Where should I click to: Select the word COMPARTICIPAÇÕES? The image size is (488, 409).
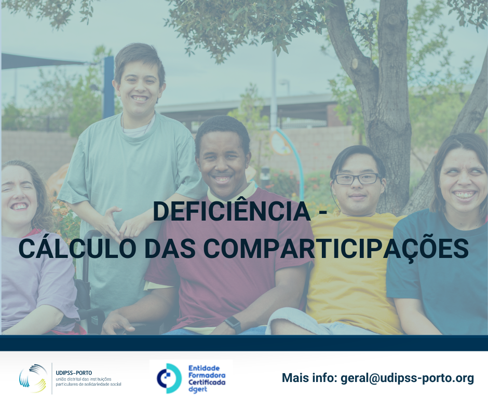(336, 249)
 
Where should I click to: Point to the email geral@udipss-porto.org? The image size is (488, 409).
(408, 378)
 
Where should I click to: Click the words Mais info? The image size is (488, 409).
(309, 377)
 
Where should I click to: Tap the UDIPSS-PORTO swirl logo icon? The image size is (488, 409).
(33, 378)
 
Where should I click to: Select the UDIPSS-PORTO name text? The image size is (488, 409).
(74, 373)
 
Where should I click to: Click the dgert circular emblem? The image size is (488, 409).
(169, 378)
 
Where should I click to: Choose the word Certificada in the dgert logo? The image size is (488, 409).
(207, 382)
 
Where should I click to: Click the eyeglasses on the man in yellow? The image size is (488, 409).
(357, 179)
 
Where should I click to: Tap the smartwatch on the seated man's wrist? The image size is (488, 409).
(233, 324)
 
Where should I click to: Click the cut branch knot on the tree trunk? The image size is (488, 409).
(355, 63)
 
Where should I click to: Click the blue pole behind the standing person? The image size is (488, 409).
(109, 87)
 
